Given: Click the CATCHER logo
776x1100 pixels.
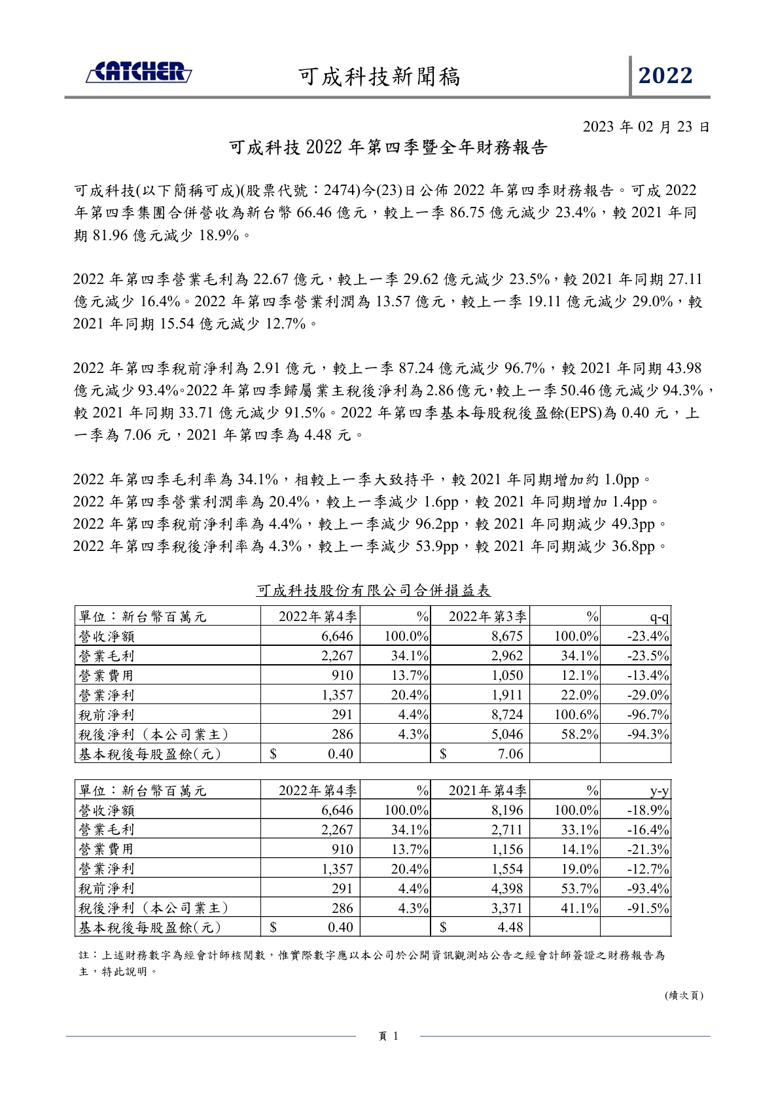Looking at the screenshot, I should click(139, 73).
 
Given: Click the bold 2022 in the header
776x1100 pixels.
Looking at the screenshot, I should click(665, 76).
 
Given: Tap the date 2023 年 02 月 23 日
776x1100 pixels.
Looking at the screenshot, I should click(646, 126).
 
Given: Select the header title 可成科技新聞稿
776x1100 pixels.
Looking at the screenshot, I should click(379, 77).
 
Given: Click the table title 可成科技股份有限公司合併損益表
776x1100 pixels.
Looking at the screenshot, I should click(373, 590).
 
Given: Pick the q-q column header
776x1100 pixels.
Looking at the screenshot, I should click(659, 616).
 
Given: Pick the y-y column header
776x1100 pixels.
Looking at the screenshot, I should click(659, 790).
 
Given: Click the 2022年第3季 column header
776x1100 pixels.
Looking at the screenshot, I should click(487, 616).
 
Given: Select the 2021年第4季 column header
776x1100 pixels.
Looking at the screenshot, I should click(487, 790).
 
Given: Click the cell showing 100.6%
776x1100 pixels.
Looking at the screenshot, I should click(576, 715).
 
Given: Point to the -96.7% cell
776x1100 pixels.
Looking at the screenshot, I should click(648, 715).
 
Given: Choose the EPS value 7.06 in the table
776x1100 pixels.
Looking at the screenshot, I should click(510, 754).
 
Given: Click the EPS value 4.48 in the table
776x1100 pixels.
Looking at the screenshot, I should click(510, 927).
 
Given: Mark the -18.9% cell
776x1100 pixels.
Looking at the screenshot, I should click(648, 810).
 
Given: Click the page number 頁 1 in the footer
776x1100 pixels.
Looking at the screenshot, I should click(389, 1035).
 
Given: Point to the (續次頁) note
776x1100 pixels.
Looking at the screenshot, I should click(684, 995).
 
